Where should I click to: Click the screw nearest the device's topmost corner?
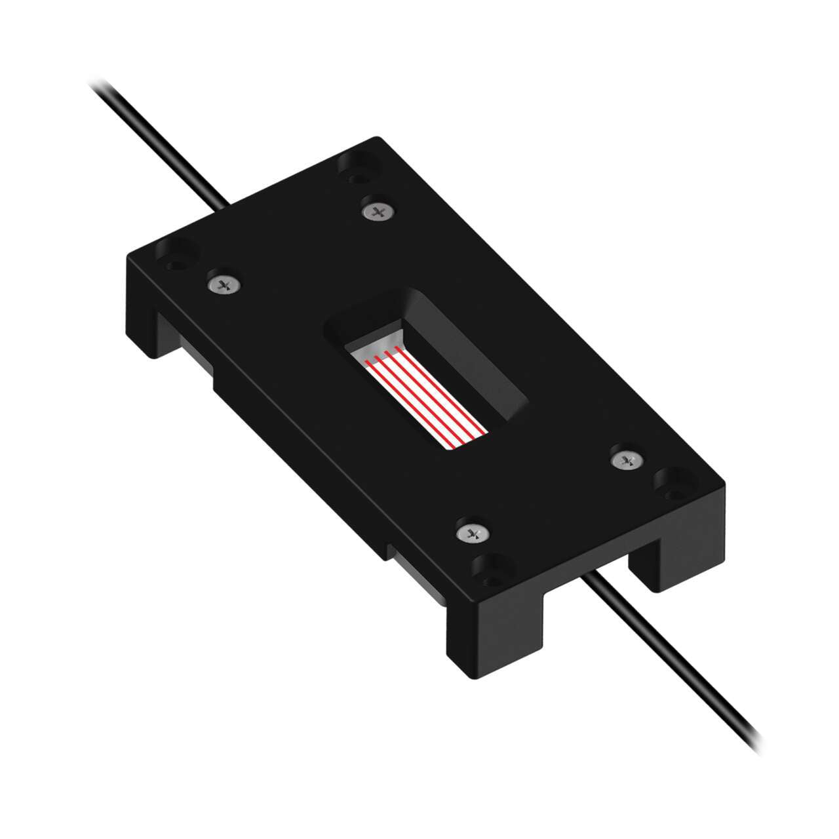coord(377,211)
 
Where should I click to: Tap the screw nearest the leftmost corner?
coord(224,284)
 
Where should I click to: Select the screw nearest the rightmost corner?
coord(625,459)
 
